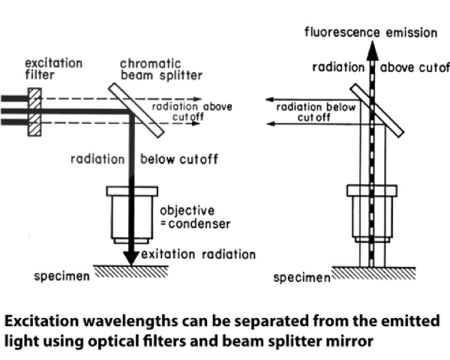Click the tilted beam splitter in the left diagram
[x=139, y=110]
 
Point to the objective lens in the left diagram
[x=130, y=214]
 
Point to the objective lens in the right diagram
[x=372, y=216]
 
